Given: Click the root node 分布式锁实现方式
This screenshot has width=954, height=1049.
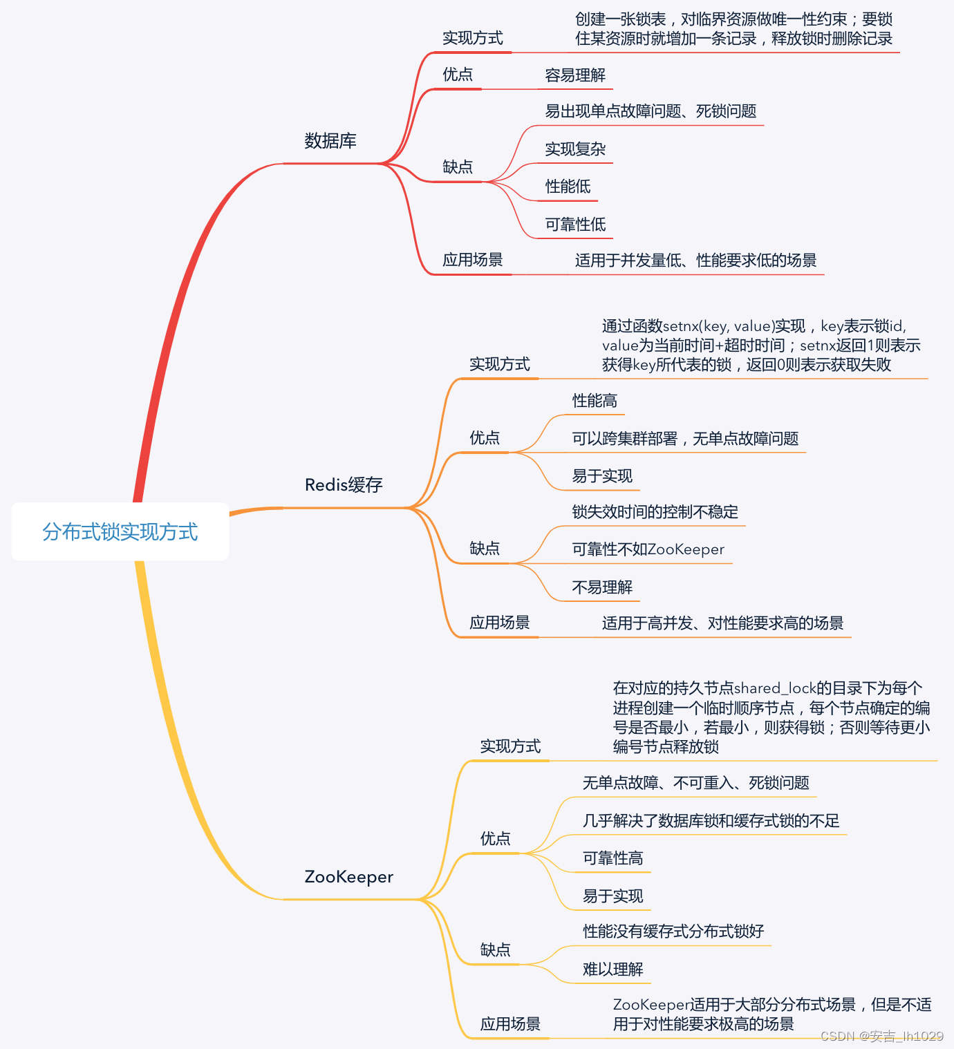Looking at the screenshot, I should (x=120, y=531).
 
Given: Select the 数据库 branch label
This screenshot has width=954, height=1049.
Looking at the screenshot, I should (x=330, y=141).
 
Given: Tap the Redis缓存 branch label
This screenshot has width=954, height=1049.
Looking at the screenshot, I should (x=344, y=485).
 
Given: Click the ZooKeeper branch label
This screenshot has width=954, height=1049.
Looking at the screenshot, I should (x=348, y=877).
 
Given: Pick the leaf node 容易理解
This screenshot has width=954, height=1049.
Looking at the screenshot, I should (x=575, y=75).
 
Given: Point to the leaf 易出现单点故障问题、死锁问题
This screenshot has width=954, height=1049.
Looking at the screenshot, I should (x=651, y=111).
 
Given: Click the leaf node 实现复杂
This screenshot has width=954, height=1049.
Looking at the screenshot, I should (x=575, y=149).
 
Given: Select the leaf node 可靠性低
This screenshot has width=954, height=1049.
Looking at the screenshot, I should (x=575, y=225).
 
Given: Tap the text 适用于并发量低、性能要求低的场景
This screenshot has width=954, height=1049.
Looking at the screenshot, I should (x=695, y=261).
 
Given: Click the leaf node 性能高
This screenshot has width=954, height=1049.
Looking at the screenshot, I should (x=595, y=401).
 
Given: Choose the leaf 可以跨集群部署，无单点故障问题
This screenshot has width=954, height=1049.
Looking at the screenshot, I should (x=685, y=439).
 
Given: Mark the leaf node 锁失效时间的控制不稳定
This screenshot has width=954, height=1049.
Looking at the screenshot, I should (x=655, y=512).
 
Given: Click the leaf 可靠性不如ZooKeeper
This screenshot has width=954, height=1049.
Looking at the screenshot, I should (x=648, y=549).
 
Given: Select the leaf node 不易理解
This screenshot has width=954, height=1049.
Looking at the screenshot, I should (x=602, y=587).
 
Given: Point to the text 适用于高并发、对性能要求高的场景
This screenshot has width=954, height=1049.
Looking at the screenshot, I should (x=722, y=623).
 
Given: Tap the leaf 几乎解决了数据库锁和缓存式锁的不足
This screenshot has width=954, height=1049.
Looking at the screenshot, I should (x=711, y=821).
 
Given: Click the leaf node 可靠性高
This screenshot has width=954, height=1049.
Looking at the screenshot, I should (x=612, y=858).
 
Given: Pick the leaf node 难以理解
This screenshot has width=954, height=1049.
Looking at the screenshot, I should (x=612, y=970).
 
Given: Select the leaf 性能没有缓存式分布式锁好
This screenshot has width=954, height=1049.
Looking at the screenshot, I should (x=673, y=932).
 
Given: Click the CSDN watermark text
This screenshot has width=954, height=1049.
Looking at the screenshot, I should (x=881, y=1036).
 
